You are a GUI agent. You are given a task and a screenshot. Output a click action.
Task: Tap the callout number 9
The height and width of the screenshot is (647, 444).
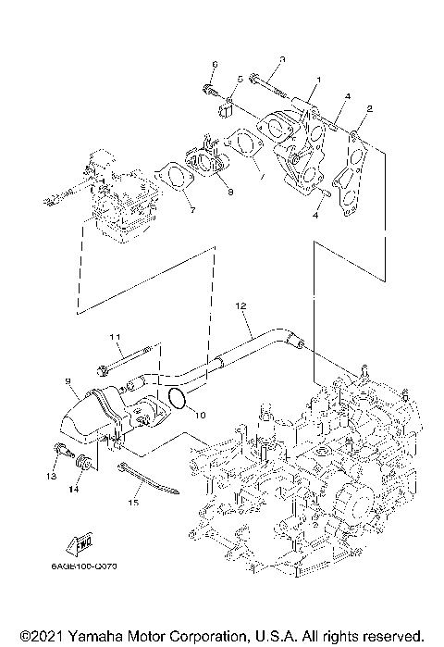68,379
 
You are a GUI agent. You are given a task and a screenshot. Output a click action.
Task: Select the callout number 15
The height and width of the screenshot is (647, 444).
132,503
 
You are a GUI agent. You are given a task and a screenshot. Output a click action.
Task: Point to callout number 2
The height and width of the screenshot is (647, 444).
369,108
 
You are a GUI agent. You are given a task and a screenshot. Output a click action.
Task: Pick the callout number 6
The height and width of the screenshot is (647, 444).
214,64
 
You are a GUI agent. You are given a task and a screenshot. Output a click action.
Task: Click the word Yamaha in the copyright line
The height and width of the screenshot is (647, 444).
105,637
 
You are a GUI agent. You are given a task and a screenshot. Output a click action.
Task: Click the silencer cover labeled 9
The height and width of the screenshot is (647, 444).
88,417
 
